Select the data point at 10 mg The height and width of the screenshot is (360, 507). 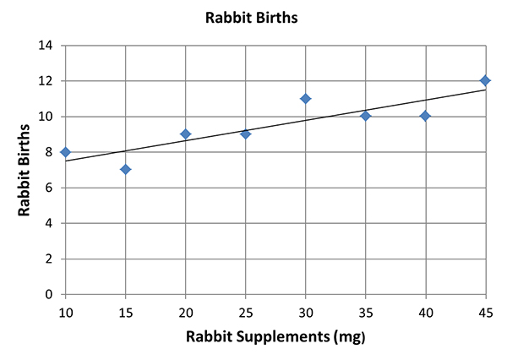65,152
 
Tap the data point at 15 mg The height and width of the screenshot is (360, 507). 125,170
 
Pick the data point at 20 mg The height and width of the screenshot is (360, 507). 185,134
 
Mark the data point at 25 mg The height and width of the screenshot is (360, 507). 245,134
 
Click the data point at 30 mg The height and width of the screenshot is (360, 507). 305,99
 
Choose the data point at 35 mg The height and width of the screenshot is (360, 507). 365,116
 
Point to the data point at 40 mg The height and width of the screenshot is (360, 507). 425,116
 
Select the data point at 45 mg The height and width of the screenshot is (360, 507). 485,81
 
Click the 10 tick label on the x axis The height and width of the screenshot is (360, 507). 65,312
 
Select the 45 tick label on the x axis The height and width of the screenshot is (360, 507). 485,312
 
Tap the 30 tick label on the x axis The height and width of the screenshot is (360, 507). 305,312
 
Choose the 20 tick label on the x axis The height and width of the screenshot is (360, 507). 185,312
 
